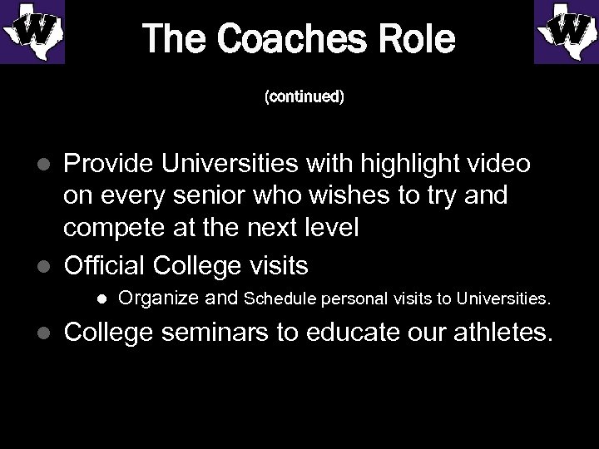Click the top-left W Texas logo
point(32,32)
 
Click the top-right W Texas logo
point(566,32)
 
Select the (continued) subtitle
point(304,97)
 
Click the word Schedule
point(280,298)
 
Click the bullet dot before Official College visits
point(47,267)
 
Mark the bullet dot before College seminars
point(47,334)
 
